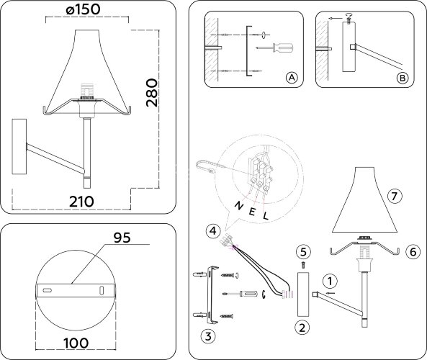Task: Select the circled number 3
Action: tap(207, 335)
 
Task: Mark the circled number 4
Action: tap(211, 231)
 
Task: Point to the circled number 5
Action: tap(303, 251)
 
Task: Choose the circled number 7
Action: tap(394, 196)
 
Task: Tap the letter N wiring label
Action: tap(238, 205)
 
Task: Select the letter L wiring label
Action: tap(265, 215)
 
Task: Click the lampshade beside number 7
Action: tap(366, 205)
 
